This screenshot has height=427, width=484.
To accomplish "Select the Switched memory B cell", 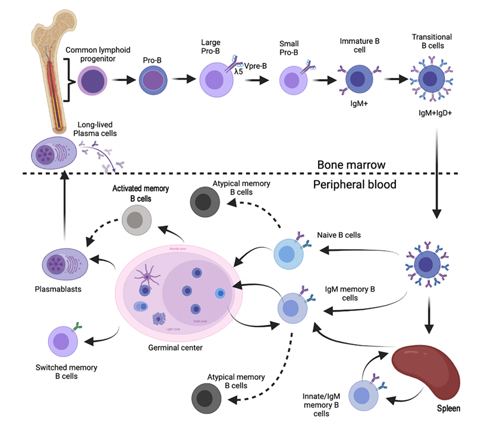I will tap(65, 341).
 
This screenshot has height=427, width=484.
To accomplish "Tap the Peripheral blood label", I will tap(354, 184).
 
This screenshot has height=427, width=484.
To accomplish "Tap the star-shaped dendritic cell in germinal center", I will tap(147, 275).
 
